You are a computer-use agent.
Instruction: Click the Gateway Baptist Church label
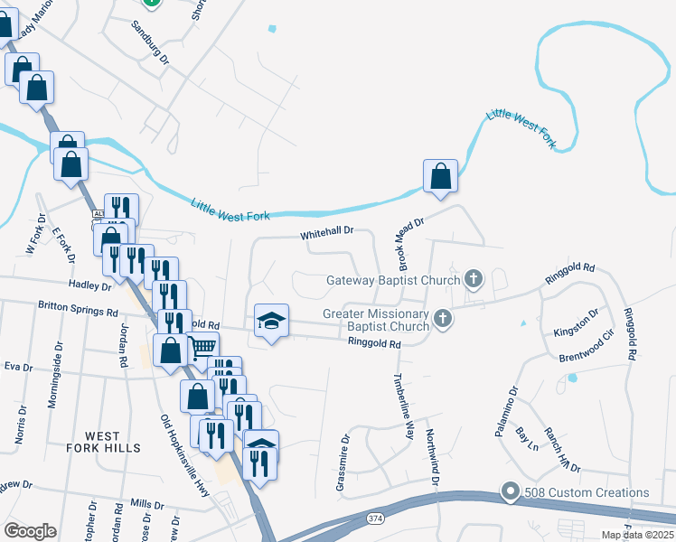point(393,279)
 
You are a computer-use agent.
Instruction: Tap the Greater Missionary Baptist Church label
point(376,320)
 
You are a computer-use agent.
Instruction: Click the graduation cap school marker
point(271,322)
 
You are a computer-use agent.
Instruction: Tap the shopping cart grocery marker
point(203,346)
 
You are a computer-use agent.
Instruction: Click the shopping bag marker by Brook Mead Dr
point(440,176)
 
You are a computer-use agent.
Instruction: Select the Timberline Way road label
point(403,406)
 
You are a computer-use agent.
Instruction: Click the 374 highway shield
point(375,519)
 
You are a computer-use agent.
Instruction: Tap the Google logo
point(30,531)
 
